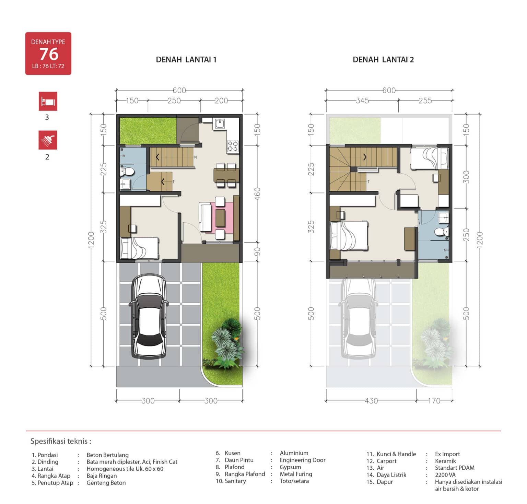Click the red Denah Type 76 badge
[48, 54]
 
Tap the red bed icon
[48, 101]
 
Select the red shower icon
[48, 140]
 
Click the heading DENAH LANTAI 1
[186, 60]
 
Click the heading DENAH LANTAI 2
[383, 60]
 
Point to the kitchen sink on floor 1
[220, 124]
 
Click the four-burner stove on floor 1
[233, 146]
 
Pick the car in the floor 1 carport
[149, 316]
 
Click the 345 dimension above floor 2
[362, 101]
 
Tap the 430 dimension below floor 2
[371, 401]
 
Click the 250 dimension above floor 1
[174, 101]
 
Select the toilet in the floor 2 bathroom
[441, 232]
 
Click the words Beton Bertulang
[107, 455]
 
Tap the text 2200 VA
[445, 475]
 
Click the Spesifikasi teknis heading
[61, 441]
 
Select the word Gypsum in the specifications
[290, 467]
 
